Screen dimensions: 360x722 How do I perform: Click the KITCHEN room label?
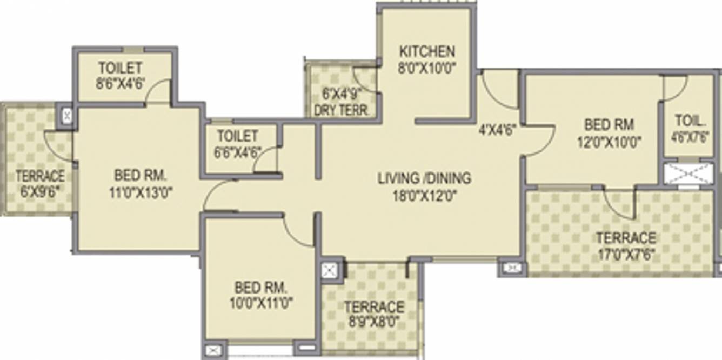pyautogui.click(x=427, y=52)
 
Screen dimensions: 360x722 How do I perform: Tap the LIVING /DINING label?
pyautogui.click(x=424, y=178)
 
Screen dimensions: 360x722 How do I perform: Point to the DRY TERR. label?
pyautogui.click(x=343, y=110)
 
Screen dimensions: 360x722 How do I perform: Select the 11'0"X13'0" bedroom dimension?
pyautogui.click(x=140, y=192)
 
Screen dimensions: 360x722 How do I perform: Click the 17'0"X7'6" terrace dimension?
pyautogui.click(x=626, y=254)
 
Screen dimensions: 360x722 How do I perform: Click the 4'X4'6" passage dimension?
pyautogui.click(x=498, y=130)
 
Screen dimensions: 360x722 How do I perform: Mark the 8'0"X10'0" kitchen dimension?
pyautogui.click(x=427, y=68)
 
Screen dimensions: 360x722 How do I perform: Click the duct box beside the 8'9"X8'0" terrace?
pyautogui.click(x=329, y=270)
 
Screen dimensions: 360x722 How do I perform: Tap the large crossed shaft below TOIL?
pyautogui.click(x=688, y=174)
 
